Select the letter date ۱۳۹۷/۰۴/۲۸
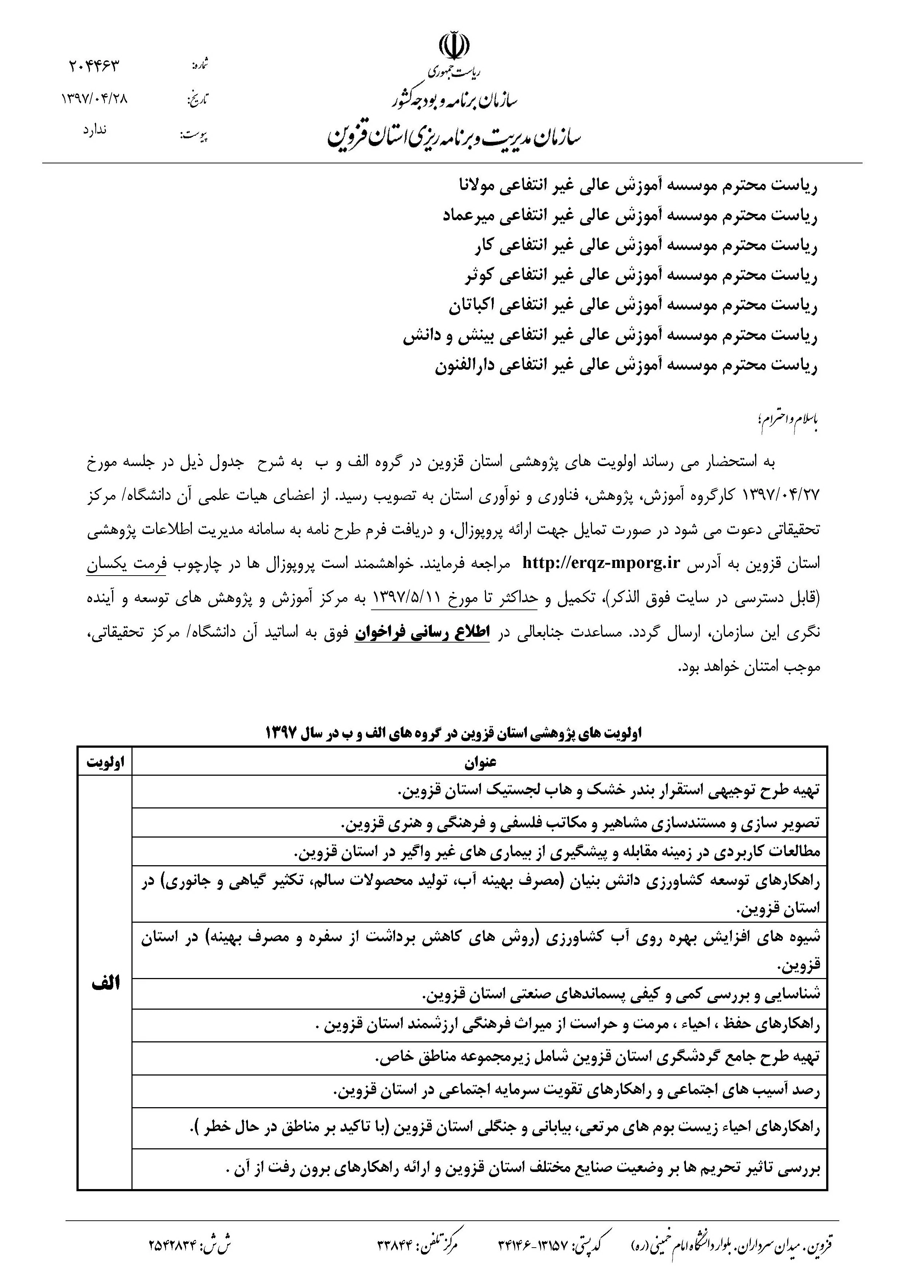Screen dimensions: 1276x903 [95, 99]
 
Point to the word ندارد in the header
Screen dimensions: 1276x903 [95, 131]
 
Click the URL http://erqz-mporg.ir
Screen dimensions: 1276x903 [601, 563]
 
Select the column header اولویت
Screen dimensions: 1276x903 [105, 763]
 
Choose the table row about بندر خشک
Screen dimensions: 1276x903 [609, 791]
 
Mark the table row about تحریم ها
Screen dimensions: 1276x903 [523, 1169]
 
